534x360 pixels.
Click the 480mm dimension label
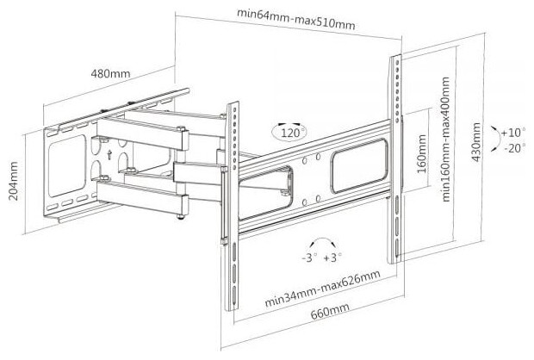[x=110, y=73]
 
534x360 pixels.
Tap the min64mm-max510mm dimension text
[x=295, y=23]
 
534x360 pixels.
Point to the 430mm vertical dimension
[x=476, y=148]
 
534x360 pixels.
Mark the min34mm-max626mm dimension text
[x=322, y=290]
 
